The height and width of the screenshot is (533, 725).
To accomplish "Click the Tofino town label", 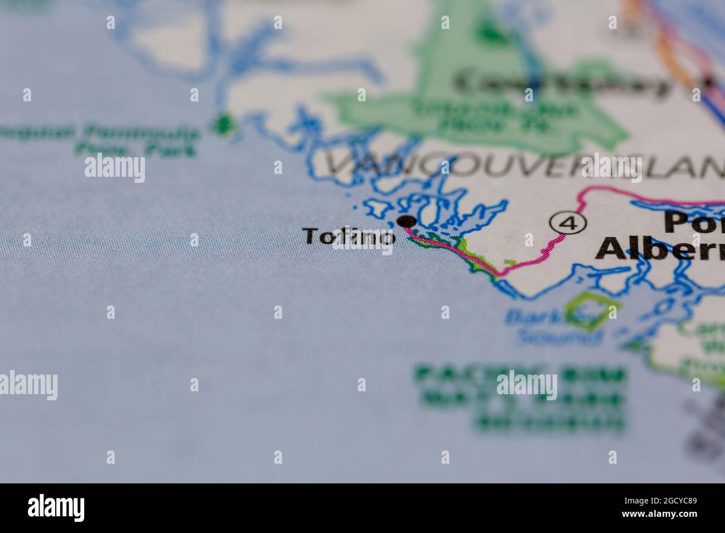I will [x=350, y=237].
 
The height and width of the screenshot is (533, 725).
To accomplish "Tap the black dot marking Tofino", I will [x=408, y=221].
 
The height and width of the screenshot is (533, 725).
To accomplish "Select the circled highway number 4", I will [x=568, y=224].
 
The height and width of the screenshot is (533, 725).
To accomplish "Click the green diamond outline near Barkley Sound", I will [x=592, y=311].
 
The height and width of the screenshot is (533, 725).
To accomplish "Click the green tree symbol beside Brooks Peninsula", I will [x=224, y=123].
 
